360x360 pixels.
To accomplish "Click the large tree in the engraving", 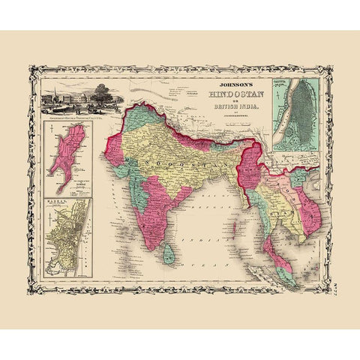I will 95,97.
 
